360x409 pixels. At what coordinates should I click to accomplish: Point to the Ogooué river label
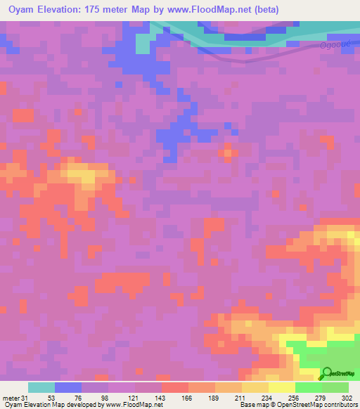334,45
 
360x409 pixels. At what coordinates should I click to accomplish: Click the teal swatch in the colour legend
41,387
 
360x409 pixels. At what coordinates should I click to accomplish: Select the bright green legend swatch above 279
308,387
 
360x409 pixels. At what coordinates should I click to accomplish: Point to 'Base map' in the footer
252,405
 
